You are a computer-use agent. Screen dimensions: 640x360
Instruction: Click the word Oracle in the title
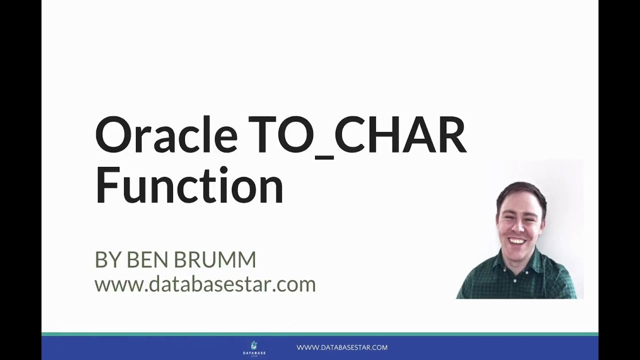166,134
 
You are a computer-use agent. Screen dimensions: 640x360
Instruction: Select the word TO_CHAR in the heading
357,137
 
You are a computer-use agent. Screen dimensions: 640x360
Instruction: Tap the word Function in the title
189,184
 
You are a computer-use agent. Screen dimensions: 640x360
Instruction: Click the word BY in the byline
107,259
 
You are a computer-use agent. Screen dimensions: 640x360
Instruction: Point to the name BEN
147,259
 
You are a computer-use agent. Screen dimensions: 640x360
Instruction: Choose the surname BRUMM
215,259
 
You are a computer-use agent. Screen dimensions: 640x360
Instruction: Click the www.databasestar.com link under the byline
205,284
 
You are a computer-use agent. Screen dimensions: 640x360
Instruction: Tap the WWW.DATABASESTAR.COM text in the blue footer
342,347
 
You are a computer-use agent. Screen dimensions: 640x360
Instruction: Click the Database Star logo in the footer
254,348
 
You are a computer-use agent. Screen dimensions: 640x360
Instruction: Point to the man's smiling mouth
517,241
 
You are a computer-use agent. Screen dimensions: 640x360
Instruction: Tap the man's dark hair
520,194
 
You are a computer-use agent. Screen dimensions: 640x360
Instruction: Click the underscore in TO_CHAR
324,157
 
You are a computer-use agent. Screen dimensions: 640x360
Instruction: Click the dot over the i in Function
223,171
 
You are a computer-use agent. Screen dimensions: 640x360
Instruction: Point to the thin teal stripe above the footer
320,334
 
